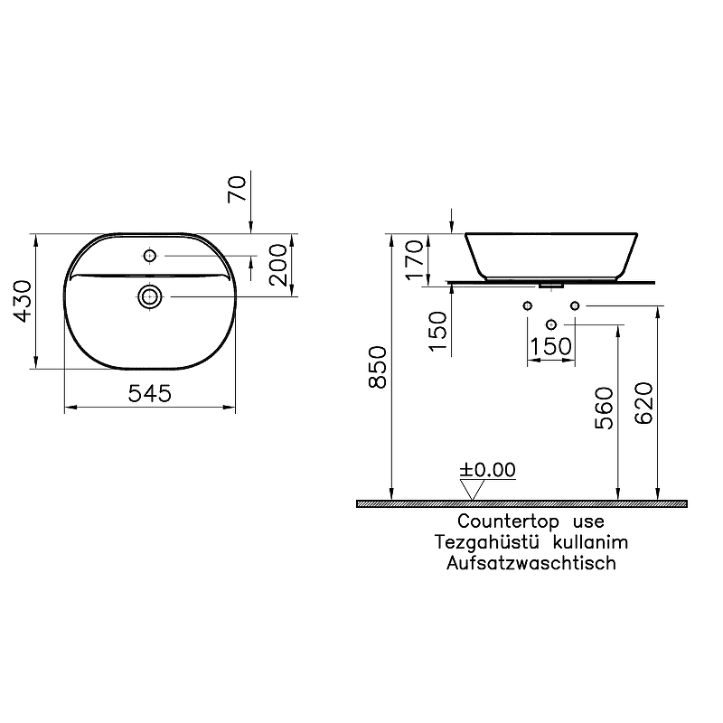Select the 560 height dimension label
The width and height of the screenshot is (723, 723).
click(x=605, y=408)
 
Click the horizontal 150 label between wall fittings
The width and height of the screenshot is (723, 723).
click(x=550, y=347)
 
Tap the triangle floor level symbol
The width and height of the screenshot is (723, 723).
click(x=470, y=489)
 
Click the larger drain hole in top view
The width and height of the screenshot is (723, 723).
click(x=151, y=295)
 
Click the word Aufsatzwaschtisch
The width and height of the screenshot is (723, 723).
click(x=531, y=563)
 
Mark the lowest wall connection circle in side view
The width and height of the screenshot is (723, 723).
click(x=550, y=324)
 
